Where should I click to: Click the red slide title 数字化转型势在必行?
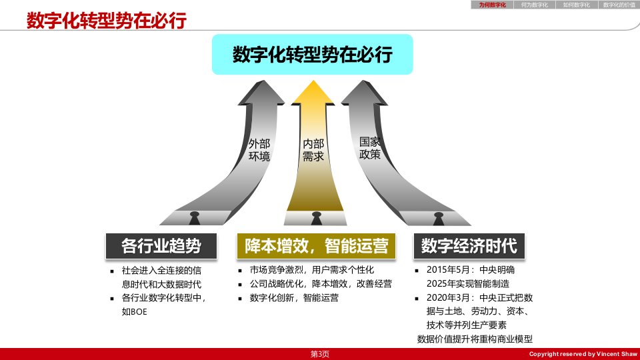pyautogui.click(x=107, y=21)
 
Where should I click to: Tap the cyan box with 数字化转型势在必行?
pyautogui.click(x=312, y=54)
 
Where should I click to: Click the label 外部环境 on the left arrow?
pyautogui.click(x=259, y=150)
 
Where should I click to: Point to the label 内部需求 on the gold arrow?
pyautogui.click(x=313, y=150)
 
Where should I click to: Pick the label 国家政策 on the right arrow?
pyautogui.click(x=370, y=148)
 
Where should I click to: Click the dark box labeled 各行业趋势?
pyautogui.click(x=161, y=246)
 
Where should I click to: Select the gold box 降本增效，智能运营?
pyautogui.click(x=316, y=246)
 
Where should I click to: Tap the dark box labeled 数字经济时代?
pyautogui.click(x=469, y=246)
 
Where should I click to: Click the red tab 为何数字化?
pyautogui.click(x=492, y=5)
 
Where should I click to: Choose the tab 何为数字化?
pyautogui.click(x=534, y=5)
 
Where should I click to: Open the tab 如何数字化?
pyautogui.click(x=576, y=5)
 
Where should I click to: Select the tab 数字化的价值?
pyautogui.click(x=619, y=5)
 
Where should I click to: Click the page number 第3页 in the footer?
pyautogui.click(x=319, y=354)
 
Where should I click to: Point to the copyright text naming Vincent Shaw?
pyautogui.click(x=583, y=354)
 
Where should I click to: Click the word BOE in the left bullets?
pyautogui.click(x=139, y=312)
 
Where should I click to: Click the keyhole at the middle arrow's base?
pyautogui.click(x=316, y=218)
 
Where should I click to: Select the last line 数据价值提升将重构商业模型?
pyautogui.click(x=475, y=339)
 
